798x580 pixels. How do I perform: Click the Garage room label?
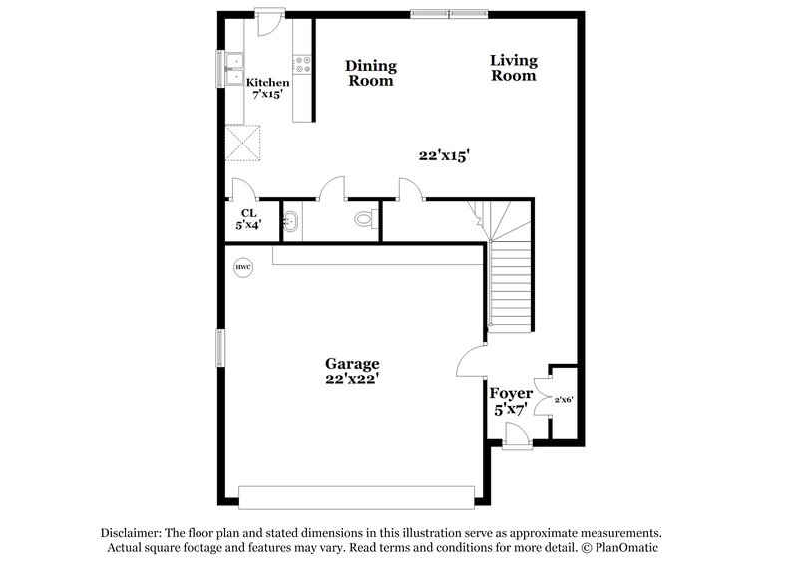(351, 364)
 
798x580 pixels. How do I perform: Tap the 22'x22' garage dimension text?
(351, 379)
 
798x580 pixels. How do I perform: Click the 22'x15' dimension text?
(443, 155)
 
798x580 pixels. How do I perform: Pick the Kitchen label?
(268, 83)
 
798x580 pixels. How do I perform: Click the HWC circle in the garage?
(243, 268)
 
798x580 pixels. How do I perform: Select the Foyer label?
(510, 394)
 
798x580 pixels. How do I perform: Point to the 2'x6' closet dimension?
(563, 400)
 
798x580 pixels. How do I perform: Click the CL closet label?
(247, 212)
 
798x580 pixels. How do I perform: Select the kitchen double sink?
(234, 69)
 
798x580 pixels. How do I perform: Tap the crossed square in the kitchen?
(242, 143)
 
